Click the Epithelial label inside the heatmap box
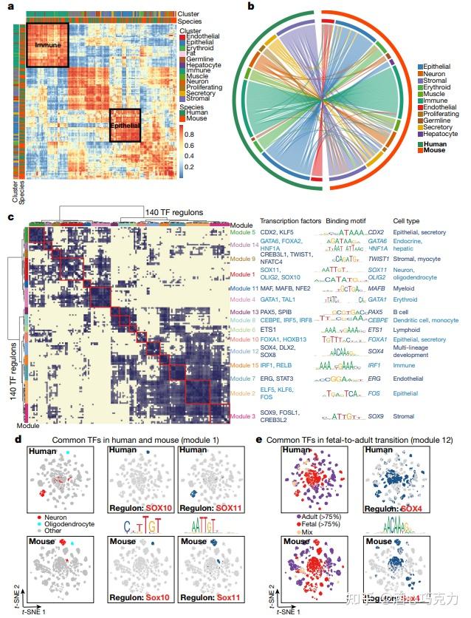click(x=126, y=126)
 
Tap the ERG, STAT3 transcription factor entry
click(x=279, y=378)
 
